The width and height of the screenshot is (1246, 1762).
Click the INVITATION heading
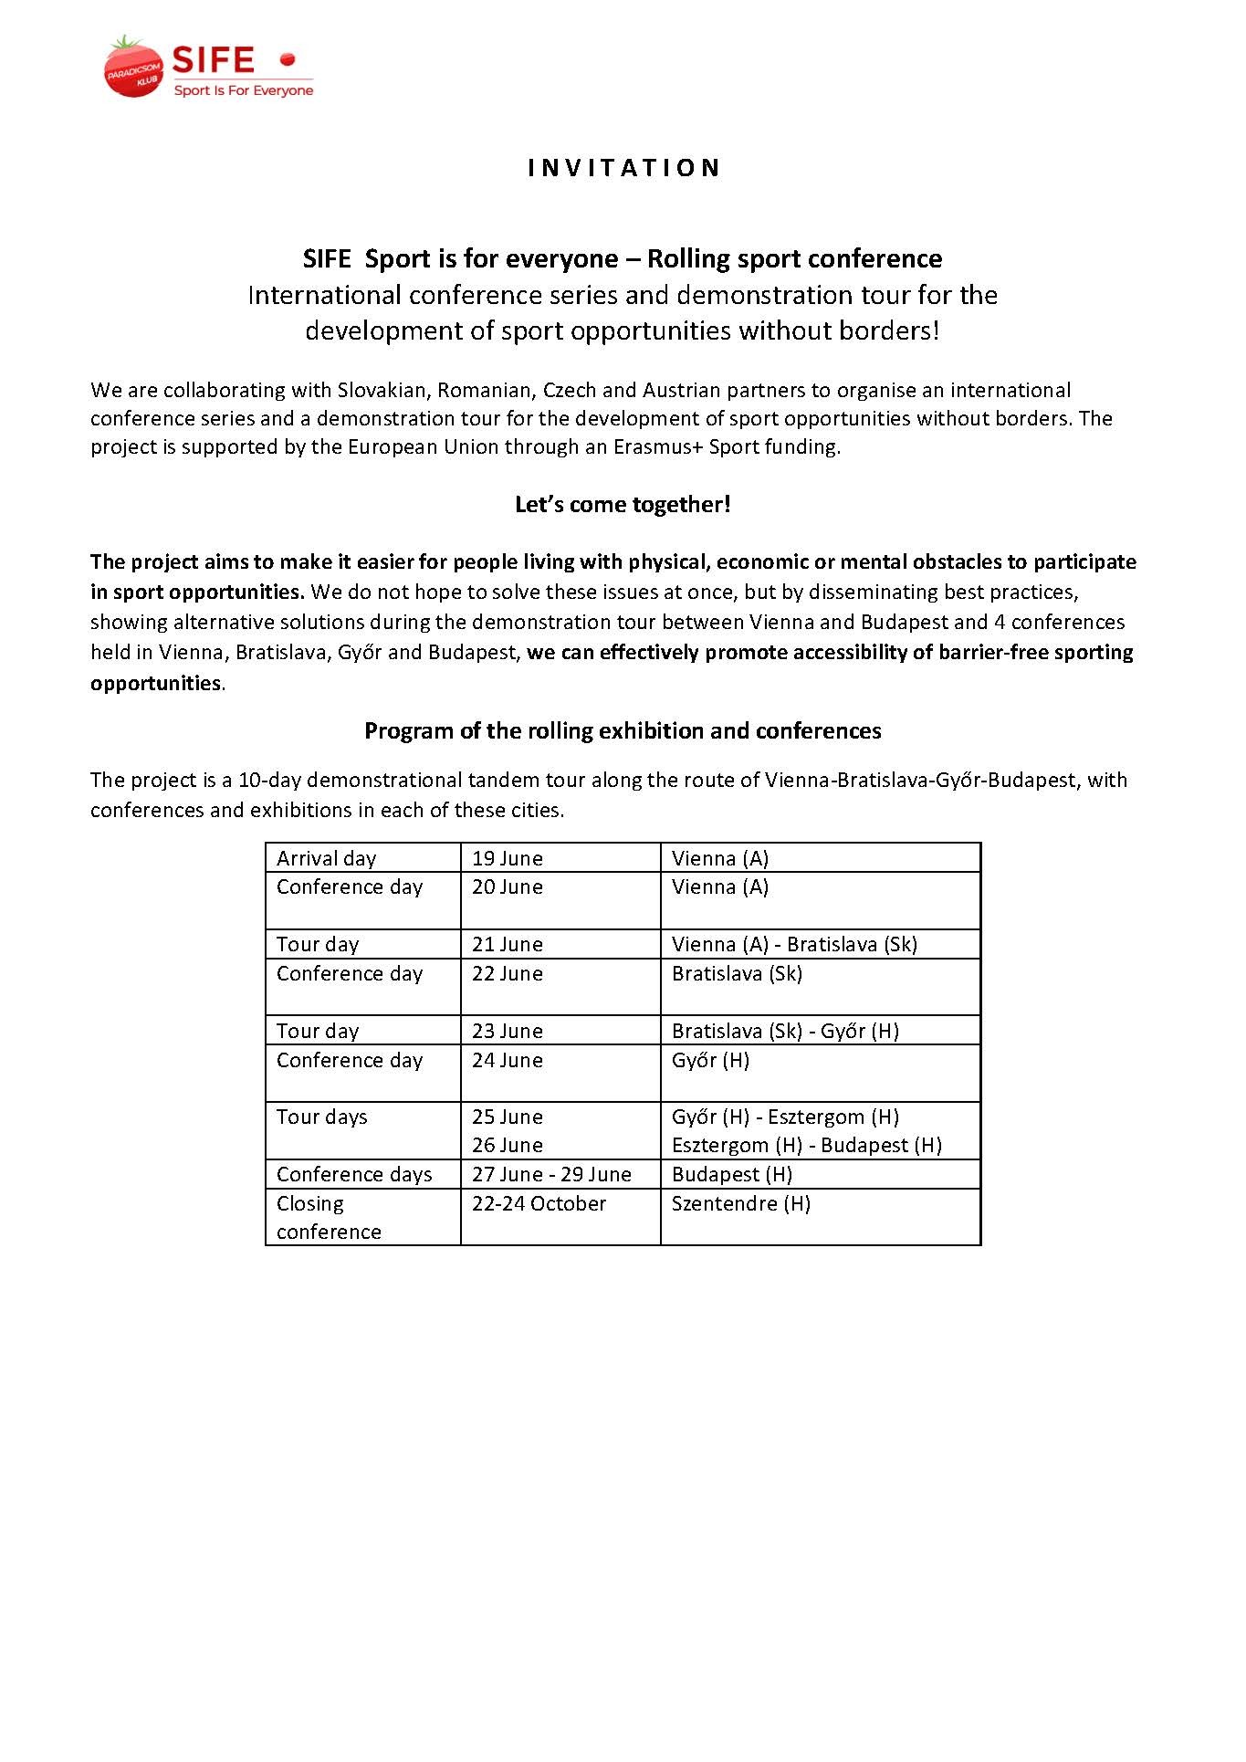pos(624,168)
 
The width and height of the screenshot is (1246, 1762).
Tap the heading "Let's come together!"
pos(623,505)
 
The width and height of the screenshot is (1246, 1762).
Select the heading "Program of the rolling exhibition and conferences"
pos(623,731)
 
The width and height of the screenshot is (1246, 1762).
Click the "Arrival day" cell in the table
pos(327,859)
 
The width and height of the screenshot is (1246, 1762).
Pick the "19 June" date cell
pos(508,859)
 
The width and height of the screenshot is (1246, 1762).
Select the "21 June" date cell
pos(508,945)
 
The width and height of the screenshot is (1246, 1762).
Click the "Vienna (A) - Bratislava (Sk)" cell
pos(794,945)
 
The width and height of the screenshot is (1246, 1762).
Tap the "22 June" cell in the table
pos(508,974)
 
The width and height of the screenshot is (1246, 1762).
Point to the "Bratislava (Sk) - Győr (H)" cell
pos(785,1032)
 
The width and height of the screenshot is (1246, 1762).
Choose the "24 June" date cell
pos(508,1061)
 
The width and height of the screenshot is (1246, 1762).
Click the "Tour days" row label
pos(322,1117)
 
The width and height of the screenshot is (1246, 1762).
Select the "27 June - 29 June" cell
pos(551,1175)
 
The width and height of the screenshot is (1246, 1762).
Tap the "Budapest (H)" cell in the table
pos(732,1175)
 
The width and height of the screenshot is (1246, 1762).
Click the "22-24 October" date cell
pos(539,1204)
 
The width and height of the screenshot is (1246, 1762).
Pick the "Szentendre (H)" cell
pos(741,1204)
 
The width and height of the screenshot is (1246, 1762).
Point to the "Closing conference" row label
pos(329,1218)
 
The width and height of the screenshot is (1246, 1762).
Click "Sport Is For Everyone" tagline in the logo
pos(244,91)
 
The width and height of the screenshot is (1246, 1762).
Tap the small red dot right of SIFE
pos(288,60)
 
